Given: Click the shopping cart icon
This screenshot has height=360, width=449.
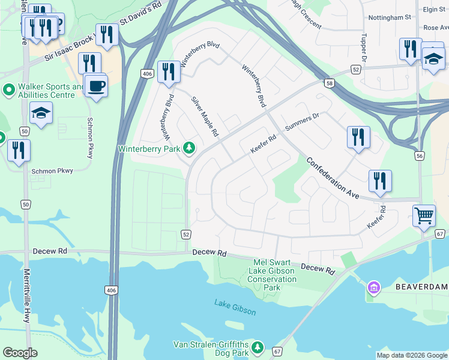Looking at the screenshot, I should pyautogui.click(x=424, y=214).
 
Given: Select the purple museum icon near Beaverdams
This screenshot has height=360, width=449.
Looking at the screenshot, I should pyautogui.click(x=374, y=289).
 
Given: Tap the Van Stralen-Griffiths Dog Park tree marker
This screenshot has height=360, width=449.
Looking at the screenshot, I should pyautogui.click(x=258, y=347).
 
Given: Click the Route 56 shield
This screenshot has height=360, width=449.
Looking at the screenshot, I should pyautogui.click(x=420, y=156).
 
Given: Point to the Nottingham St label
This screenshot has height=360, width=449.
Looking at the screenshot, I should pyautogui.click(x=390, y=17).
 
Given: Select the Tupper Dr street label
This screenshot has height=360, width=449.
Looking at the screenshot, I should pyautogui.click(x=364, y=46).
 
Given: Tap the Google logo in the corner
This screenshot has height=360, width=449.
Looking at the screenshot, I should pyautogui.click(x=20, y=353).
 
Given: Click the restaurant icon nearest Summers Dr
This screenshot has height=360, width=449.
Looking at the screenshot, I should pyautogui.click(x=358, y=137).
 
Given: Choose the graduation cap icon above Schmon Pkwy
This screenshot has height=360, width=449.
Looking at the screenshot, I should pyautogui.click(x=41, y=113).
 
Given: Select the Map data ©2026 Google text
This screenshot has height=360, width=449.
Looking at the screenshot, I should pyautogui.click(x=411, y=355).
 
